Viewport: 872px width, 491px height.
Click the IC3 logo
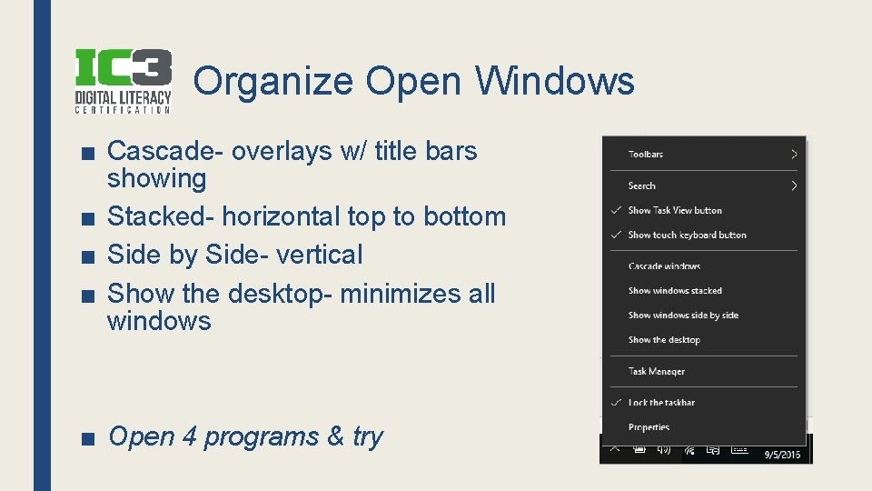click(123, 80)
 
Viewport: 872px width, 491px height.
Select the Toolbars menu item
click(646, 155)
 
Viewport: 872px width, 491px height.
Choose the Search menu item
click(642, 185)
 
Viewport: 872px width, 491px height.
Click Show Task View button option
click(675, 210)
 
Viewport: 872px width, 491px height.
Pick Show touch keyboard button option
click(687, 235)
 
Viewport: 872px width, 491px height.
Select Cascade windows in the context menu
click(664, 266)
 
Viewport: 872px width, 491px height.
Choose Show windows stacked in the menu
click(675, 291)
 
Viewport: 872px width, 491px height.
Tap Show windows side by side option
click(683, 316)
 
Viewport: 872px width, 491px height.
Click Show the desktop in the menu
click(664, 340)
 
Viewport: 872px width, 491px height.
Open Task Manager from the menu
click(657, 371)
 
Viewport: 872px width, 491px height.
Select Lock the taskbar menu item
click(661, 403)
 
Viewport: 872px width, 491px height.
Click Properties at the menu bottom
click(649, 427)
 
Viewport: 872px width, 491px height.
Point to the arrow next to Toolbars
click(794, 155)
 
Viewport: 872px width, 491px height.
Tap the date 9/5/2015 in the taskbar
click(782, 455)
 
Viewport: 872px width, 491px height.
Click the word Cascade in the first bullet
click(164, 151)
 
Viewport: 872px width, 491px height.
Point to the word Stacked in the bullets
click(161, 216)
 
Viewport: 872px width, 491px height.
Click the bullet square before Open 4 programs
click(87, 438)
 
